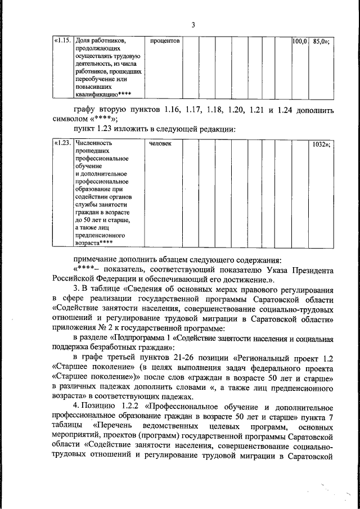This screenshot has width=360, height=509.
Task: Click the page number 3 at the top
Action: click(192, 25)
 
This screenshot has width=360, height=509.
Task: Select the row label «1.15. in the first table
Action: click(62, 41)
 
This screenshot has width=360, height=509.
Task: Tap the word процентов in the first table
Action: click(164, 41)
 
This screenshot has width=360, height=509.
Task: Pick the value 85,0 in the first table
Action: click(320, 41)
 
